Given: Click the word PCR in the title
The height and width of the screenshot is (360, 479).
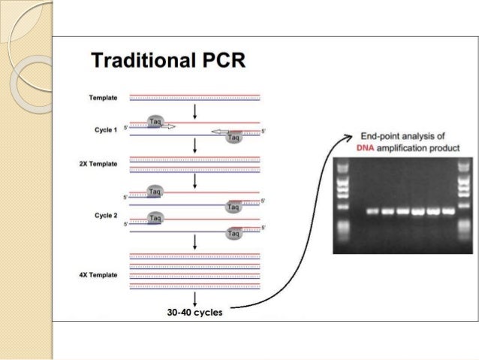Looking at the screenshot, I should click(x=222, y=60).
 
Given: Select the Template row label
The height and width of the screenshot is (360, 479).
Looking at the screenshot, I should click(x=103, y=98).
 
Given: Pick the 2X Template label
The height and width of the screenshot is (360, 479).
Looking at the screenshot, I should click(x=101, y=163).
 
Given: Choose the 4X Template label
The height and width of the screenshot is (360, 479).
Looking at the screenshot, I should click(x=101, y=275).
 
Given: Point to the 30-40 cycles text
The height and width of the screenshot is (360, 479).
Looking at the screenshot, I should click(x=195, y=313).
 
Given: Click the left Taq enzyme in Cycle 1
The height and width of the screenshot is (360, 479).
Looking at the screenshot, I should click(x=155, y=122).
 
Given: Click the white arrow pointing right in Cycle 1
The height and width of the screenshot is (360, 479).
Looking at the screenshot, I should click(x=168, y=127).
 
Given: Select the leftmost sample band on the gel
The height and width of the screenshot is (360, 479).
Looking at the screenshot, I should click(x=372, y=211).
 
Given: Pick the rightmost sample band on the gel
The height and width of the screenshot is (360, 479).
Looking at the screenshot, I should click(x=448, y=211).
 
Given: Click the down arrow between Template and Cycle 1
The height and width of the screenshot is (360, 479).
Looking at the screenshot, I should click(x=195, y=111).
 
